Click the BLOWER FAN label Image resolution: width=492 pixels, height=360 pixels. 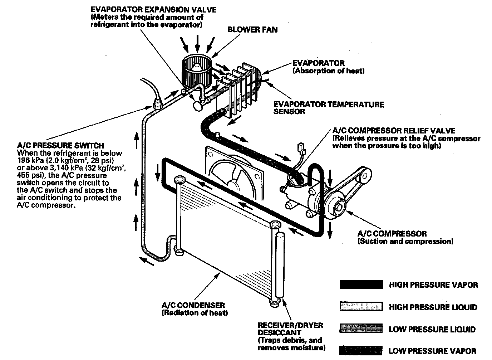point(252,30)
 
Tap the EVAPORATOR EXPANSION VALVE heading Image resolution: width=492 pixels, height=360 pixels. point(153,10)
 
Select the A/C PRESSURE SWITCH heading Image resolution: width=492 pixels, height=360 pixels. point(61,146)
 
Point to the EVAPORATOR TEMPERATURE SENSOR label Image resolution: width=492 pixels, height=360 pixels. point(328,108)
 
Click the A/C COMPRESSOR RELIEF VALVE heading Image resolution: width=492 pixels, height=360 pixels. point(394,131)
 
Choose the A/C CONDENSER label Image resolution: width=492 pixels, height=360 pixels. point(193,305)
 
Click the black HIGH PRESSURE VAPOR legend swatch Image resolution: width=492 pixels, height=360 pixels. point(361,285)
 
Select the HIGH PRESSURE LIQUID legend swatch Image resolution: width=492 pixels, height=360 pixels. point(361,307)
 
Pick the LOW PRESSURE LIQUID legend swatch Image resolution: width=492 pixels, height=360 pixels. point(361,329)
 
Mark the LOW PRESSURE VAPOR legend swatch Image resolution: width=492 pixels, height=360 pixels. point(361,351)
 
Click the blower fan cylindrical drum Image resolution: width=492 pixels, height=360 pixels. point(196,70)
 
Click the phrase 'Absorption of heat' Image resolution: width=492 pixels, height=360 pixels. point(329,71)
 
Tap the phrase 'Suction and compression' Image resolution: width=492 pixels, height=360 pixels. point(405,242)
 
